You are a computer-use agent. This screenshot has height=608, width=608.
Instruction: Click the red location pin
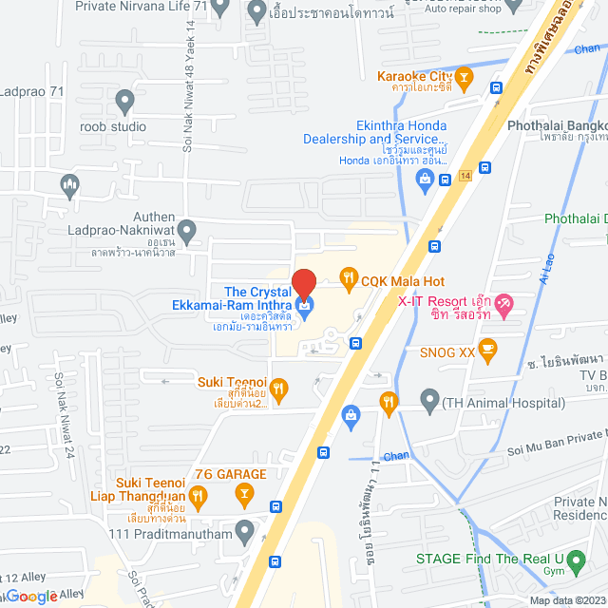tap(304, 283)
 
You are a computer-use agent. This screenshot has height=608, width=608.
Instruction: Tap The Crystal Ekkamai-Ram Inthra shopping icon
tap(305, 305)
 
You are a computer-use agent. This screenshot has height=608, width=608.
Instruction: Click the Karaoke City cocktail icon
tap(465, 75)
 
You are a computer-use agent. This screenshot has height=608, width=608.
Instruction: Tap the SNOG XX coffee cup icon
tap(487, 349)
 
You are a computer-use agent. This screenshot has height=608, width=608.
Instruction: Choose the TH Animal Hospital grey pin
tap(429, 401)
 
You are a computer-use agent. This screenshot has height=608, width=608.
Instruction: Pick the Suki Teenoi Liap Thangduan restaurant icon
tap(198, 494)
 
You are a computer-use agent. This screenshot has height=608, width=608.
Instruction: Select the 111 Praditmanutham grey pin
tap(245, 529)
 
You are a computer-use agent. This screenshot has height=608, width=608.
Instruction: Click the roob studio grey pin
tap(124, 100)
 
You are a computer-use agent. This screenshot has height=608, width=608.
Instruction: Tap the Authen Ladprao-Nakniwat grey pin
tap(187, 229)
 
